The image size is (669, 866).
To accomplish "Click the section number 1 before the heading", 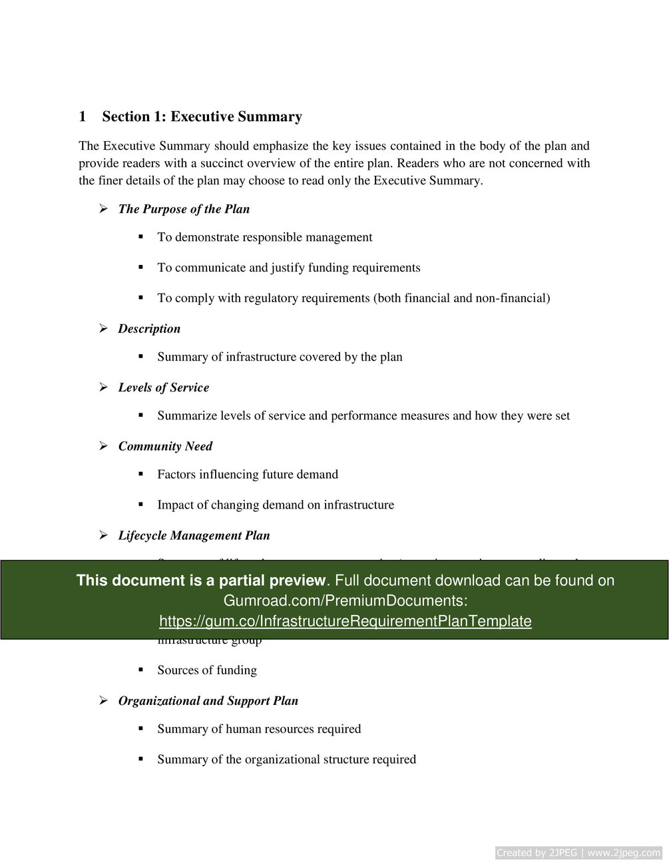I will pos(83,117).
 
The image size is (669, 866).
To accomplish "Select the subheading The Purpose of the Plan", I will pos(184,209).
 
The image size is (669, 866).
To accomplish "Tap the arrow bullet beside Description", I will pos(104,328).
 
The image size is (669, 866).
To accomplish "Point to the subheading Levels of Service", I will pos(163,387).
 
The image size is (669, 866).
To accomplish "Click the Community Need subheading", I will pos(165,446).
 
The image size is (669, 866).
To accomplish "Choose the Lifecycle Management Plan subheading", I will pos(194,535).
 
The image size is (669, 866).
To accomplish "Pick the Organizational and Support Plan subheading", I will pos(208,700).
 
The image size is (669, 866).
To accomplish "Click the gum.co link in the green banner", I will pos(345,621).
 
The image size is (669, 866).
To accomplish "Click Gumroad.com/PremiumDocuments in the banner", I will pos(345,600).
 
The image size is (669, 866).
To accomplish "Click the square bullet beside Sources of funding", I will pos(141,670).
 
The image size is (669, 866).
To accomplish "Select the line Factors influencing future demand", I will pos(248,474).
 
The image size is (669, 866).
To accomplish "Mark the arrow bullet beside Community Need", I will pos(104,446).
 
